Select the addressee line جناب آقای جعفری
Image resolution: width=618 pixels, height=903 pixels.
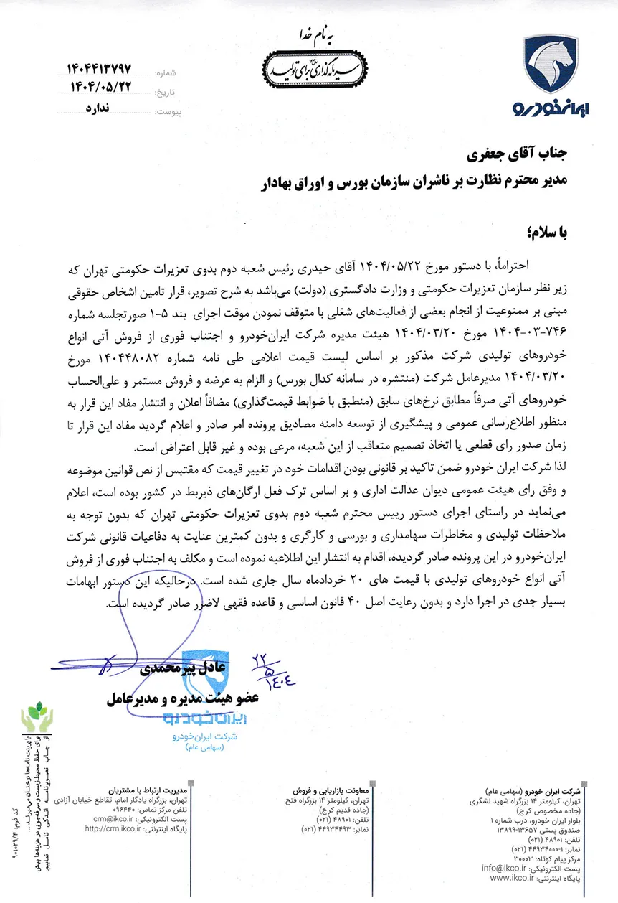517,154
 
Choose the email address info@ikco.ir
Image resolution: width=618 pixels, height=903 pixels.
505,868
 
